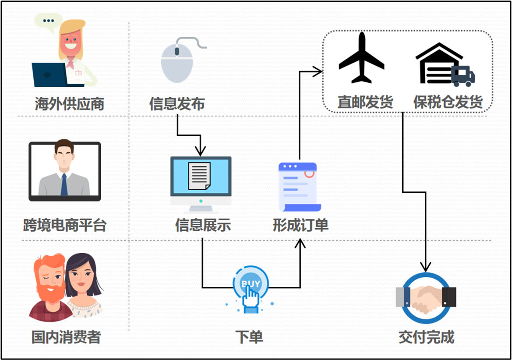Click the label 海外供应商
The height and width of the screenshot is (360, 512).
click(70, 104)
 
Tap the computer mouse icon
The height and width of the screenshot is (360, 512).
click(177, 61)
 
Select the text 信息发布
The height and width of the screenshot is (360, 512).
click(177, 104)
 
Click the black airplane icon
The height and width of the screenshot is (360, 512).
click(361, 58)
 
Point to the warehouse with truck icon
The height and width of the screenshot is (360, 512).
click(444, 64)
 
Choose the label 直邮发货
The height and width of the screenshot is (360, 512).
click(365, 102)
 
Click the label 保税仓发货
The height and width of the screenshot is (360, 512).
click(448, 102)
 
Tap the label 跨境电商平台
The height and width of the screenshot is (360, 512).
click(65, 225)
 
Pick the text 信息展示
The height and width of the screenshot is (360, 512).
click(203, 225)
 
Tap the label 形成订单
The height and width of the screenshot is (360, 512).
click(300, 225)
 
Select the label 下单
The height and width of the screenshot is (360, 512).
click(249, 337)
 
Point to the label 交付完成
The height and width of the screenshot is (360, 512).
click(426, 337)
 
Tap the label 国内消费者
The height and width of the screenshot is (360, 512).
click(66, 337)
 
